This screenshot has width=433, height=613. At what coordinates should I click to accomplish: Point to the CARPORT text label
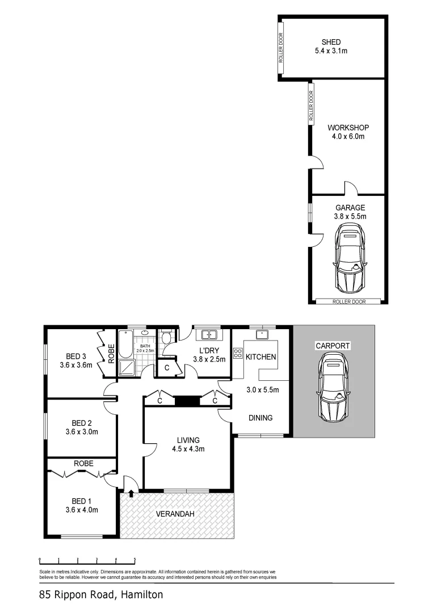point(333,346)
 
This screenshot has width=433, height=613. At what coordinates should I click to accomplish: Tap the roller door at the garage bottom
point(348,301)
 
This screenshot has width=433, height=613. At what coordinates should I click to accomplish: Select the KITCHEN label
point(261,357)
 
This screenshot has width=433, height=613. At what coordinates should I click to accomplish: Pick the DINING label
point(260,418)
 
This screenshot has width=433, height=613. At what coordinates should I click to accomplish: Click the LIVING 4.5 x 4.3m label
point(188,444)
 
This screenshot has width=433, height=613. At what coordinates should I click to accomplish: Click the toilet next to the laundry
point(166,338)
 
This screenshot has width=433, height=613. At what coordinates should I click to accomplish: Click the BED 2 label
point(82,427)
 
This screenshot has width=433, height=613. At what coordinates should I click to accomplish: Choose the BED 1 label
point(82,505)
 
